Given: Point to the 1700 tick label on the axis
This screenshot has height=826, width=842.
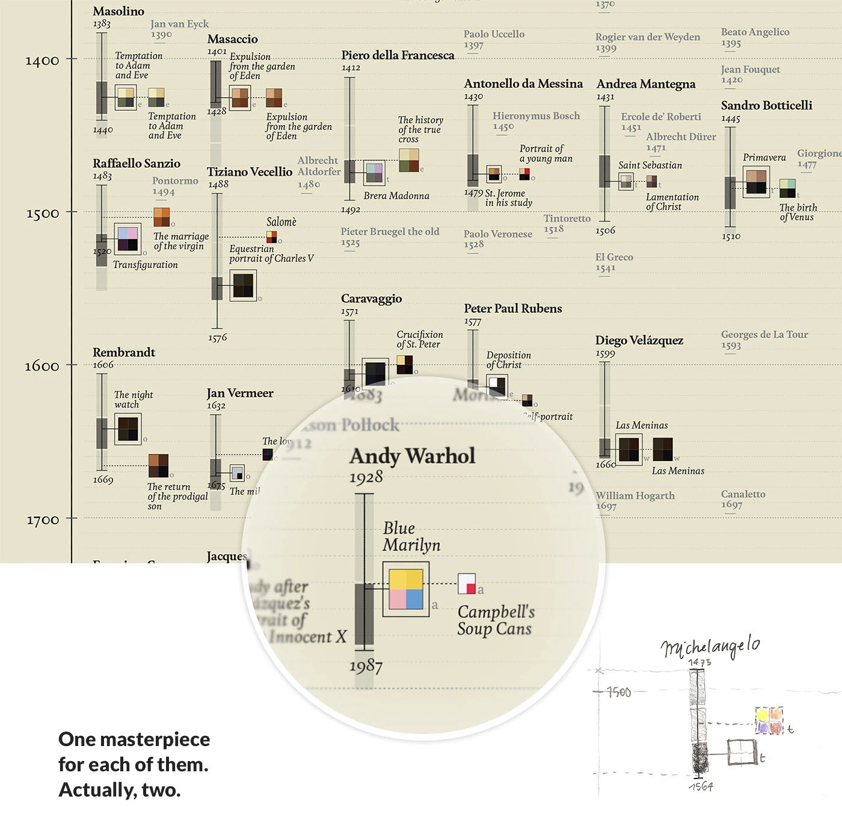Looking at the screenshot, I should [x=42, y=519].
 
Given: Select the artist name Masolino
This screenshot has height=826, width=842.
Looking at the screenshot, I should [x=118, y=11].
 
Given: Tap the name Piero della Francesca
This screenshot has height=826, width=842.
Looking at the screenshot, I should [x=398, y=55].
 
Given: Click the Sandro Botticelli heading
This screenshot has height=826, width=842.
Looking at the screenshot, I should [x=766, y=106].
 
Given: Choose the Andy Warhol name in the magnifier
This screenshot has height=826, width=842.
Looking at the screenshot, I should [x=412, y=456].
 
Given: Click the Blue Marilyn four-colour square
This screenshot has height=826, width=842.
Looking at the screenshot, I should [x=406, y=590].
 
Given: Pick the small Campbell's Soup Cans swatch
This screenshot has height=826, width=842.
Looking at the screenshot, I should [x=467, y=584].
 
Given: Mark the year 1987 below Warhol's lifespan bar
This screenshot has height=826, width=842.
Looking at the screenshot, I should [x=366, y=665].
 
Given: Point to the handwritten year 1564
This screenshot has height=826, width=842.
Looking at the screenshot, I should [x=701, y=786].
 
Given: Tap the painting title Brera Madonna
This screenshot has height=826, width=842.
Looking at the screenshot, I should [x=396, y=196].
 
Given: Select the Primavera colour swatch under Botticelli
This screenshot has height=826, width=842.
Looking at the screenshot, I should [x=756, y=181].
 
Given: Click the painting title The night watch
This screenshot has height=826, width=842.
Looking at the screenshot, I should [x=134, y=400].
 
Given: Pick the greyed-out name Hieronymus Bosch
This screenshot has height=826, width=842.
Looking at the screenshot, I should [x=536, y=116].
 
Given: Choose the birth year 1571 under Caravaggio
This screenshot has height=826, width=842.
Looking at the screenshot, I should [x=349, y=312].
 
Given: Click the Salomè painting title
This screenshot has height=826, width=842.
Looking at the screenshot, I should [x=281, y=222].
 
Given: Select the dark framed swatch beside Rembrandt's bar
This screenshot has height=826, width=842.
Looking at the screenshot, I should [x=128, y=429].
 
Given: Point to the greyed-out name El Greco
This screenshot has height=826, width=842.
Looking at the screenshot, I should [x=614, y=257].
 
